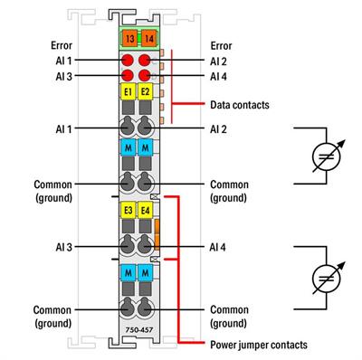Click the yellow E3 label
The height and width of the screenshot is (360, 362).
click(128, 211)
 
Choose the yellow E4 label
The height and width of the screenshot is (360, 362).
click(145, 211)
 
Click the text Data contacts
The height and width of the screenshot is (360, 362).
click(239, 105)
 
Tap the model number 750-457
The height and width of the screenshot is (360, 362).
click(137, 333)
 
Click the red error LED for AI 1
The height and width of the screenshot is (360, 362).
click(128, 61)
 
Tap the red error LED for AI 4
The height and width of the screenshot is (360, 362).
click(145, 77)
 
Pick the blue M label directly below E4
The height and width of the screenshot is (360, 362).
click(145, 271)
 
